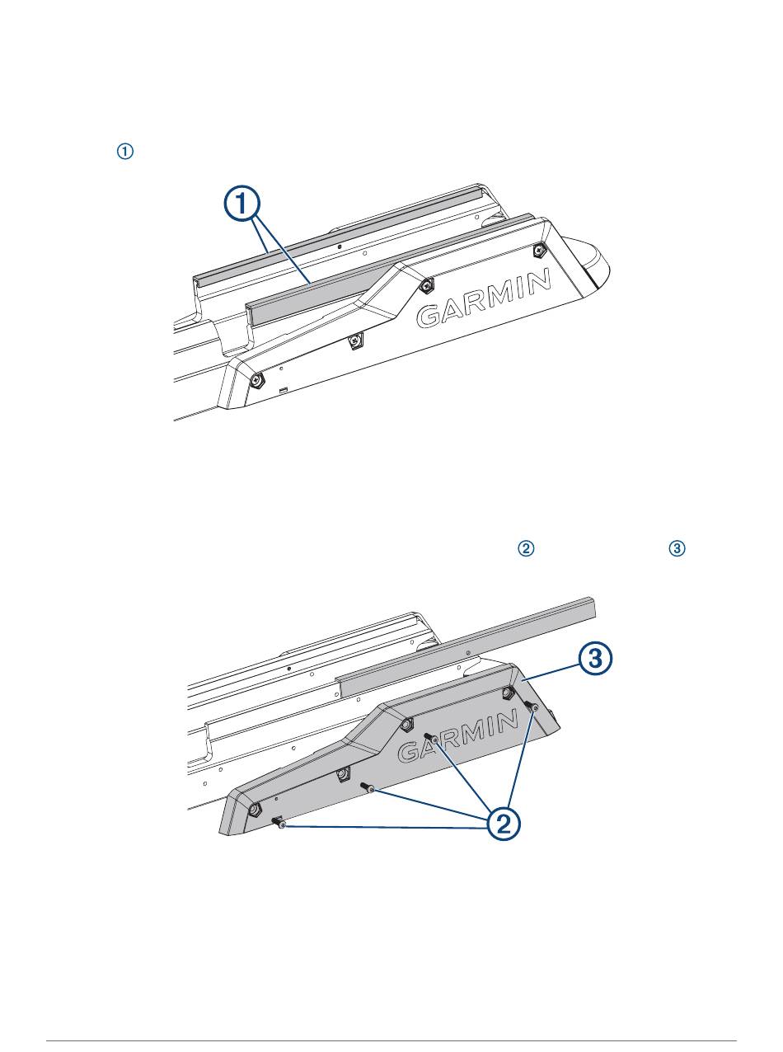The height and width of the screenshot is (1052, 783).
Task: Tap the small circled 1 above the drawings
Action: pos(124,152)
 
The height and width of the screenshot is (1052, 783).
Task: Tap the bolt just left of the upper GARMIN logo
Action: pos(427,285)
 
